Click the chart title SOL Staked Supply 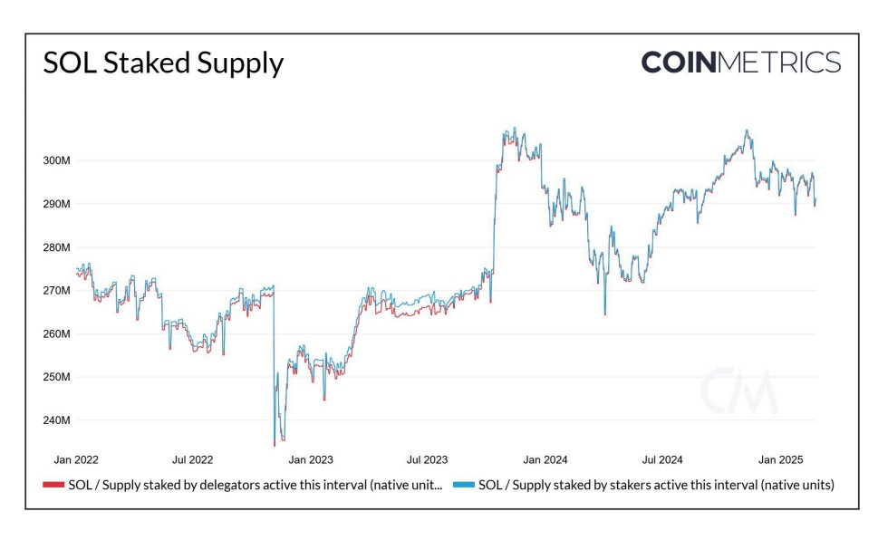(163, 63)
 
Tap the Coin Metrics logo (740, 63)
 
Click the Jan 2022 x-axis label (77, 460)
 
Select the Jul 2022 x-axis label (192, 460)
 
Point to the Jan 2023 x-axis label (311, 460)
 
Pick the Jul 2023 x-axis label (426, 460)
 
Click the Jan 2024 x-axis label (545, 460)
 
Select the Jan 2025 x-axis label (779, 460)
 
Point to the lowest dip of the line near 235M (274, 445)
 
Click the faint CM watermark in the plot (738, 391)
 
